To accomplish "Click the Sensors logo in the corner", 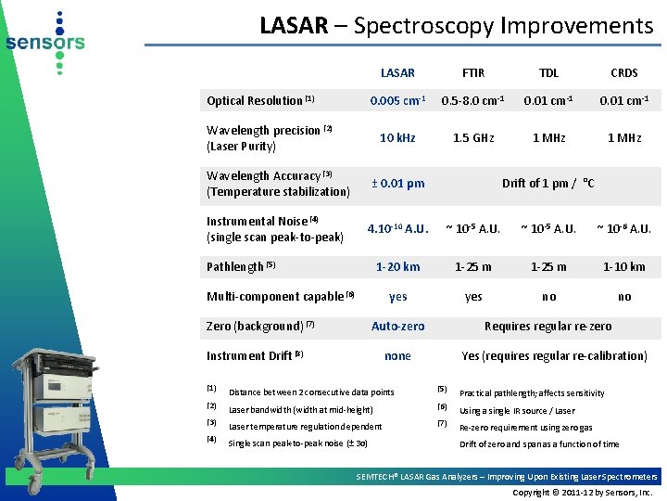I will tap(44, 43).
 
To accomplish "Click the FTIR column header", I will tap(473, 72).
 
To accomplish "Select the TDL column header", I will tap(548, 72).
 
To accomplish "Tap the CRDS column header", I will tap(624, 72).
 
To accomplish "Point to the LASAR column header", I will tap(397, 72).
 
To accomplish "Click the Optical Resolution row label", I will tap(260, 100).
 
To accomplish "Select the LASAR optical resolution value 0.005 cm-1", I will tap(397, 100).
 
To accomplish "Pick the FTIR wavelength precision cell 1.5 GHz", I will tap(473, 137).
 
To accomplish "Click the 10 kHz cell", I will tap(397, 137).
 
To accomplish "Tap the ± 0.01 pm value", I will tap(397, 183).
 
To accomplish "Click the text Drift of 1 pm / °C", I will tap(548, 183).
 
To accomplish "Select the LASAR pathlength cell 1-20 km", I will tap(397, 266).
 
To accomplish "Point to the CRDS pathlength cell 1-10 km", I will tap(624, 266).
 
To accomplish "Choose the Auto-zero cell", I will tap(397, 326).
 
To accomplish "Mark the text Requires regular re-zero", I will tap(548, 326).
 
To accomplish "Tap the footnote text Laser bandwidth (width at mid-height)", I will tap(300, 409).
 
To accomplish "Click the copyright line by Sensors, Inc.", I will tap(583, 492).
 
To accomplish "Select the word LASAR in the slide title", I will tap(294, 25).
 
